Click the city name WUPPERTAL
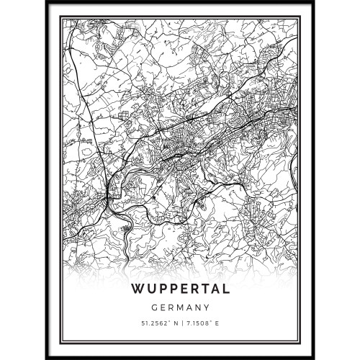(x=180, y=289)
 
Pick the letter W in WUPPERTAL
(x=137, y=289)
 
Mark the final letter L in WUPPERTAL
(x=225, y=289)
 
